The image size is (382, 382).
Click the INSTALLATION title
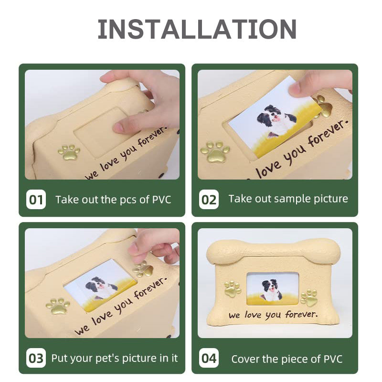coord(197,29)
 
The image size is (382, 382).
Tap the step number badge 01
coord(36,200)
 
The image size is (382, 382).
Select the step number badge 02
coord(209,200)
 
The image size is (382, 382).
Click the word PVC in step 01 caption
coord(161,200)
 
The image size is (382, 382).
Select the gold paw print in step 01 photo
coord(69,153)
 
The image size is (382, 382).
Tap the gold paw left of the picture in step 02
coord(215,152)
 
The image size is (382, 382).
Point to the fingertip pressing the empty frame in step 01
coord(119,127)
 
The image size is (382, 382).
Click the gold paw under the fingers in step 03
coord(143,269)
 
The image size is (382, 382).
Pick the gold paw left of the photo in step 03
coord(58,306)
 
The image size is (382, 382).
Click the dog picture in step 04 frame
coord(273,289)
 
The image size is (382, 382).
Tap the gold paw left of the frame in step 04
coord(233,289)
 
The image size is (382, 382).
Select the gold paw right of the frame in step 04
coord(309,297)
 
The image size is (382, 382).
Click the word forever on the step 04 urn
coord(302,315)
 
